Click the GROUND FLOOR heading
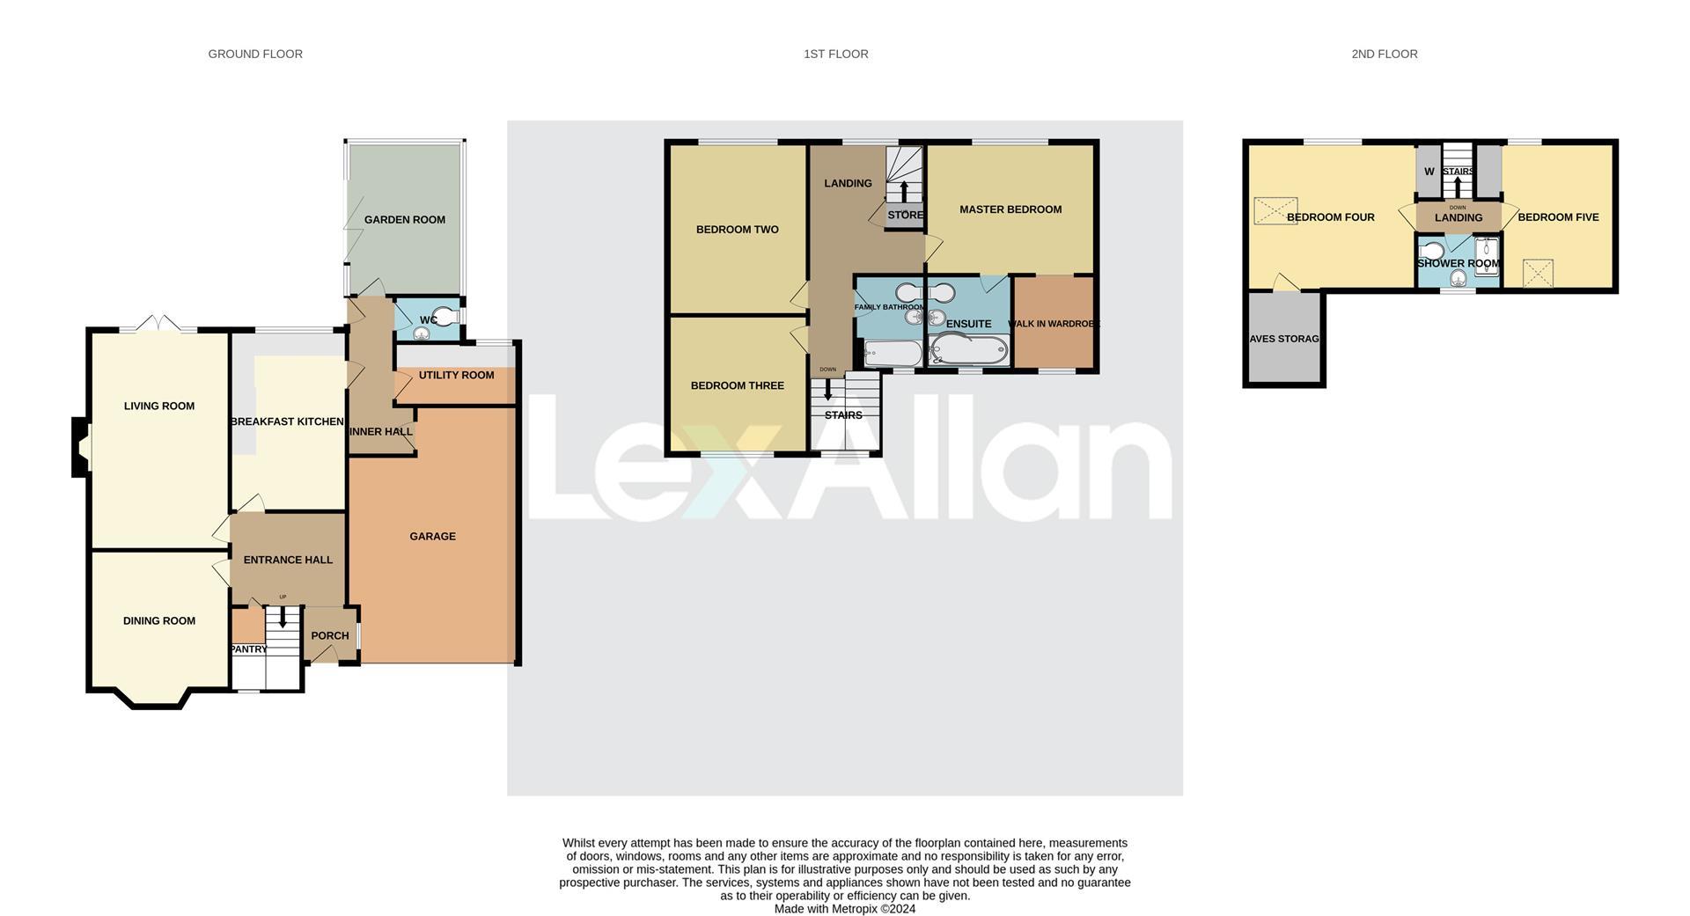point(255,55)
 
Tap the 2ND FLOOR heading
point(1384,55)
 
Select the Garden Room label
point(404,220)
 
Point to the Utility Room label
point(456,376)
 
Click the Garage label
point(432,537)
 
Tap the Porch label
point(330,636)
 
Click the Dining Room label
point(159,621)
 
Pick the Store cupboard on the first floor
point(904,216)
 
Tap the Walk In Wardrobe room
point(1054,324)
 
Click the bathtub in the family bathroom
point(892,354)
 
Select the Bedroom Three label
point(737,385)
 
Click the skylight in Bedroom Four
point(1275,211)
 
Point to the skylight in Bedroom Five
point(1538,273)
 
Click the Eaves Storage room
point(1284,339)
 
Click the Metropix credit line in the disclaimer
point(844,909)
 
